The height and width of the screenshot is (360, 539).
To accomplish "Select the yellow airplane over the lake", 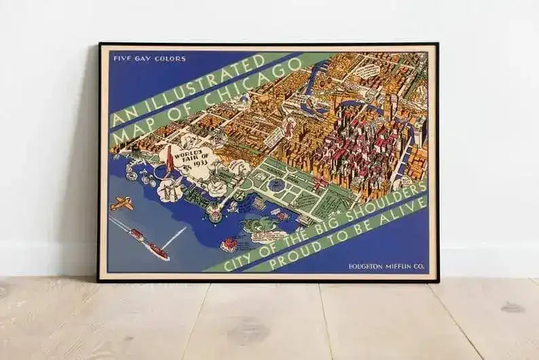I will [122, 202].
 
